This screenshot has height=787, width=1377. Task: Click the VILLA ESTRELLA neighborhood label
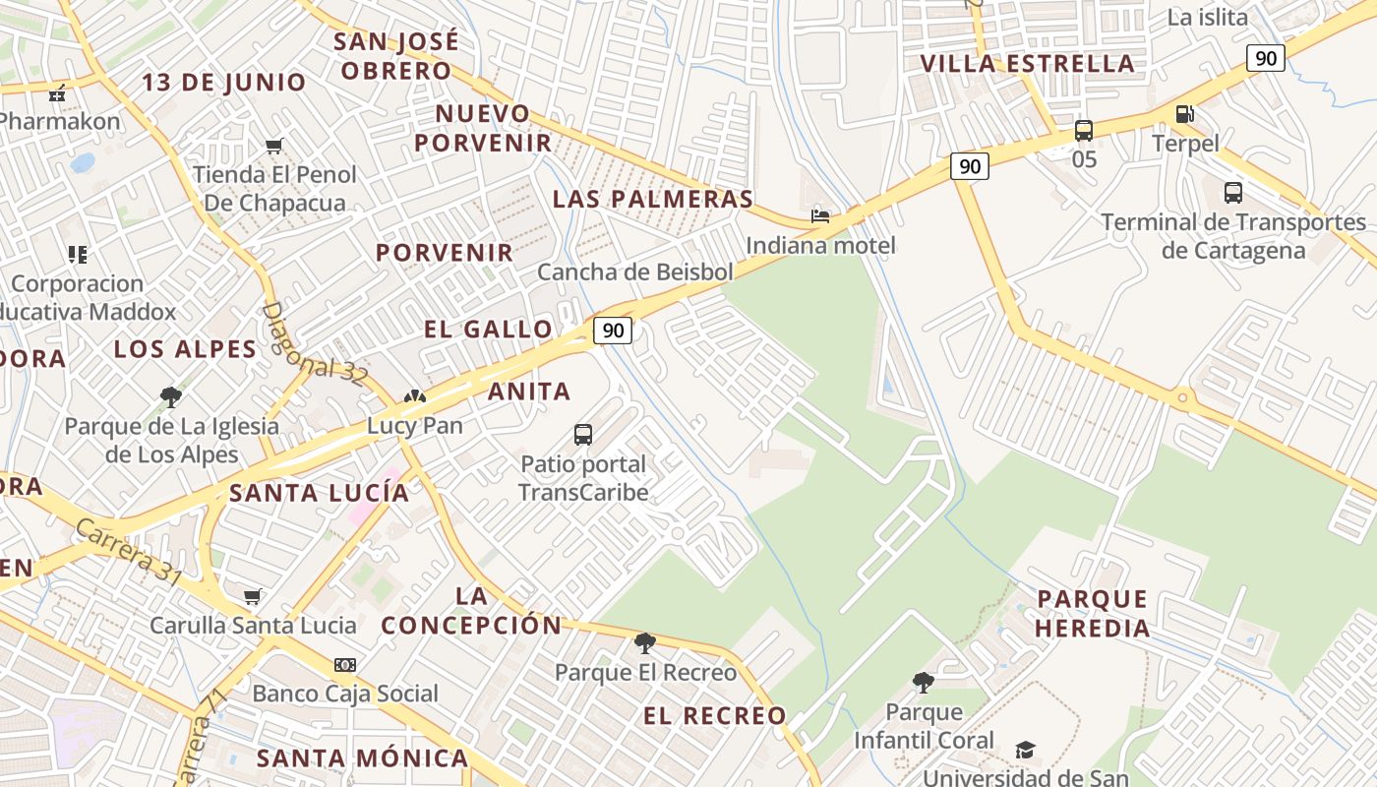pyautogui.click(x=1027, y=64)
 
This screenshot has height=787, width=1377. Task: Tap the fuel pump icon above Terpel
pyautogui.click(x=1185, y=114)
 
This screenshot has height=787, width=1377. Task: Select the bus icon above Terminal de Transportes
pyautogui.click(x=1232, y=193)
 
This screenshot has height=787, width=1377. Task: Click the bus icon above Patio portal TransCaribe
pyautogui.click(x=583, y=434)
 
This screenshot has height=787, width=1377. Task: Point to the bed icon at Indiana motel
pyautogui.click(x=820, y=215)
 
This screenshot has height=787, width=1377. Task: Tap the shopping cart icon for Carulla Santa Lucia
pyautogui.click(x=253, y=596)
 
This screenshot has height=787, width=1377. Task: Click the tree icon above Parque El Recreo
pyautogui.click(x=645, y=643)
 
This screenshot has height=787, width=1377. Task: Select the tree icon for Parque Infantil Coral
pyautogui.click(x=923, y=682)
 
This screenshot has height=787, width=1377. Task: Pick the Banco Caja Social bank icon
pyautogui.click(x=344, y=665)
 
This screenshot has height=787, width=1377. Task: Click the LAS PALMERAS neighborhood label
pyautogui.click(x=653, y=199)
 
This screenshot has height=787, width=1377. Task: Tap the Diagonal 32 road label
pyautogui.click(x=314, y=342)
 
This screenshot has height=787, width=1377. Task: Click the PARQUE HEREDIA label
pyautogui.click(x=1093, y=613)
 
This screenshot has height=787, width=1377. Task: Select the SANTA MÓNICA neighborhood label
pyautogui.click(x=362, y=758)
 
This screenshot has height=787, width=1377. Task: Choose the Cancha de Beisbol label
pyautogui.click(x=635, y=272)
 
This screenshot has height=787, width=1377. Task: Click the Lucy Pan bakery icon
pyautogui.click(x=414, y=397)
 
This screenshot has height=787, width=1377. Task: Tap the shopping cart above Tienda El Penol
pyautogui.click(x=274, y=147)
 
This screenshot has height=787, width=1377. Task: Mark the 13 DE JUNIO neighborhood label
pyautogui.click(x=224, y=82)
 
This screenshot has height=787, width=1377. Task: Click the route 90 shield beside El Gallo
pyautogui.click(x=613, y=330)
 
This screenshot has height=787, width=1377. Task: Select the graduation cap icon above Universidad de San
pyautogui.click(x=1025, y=750)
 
